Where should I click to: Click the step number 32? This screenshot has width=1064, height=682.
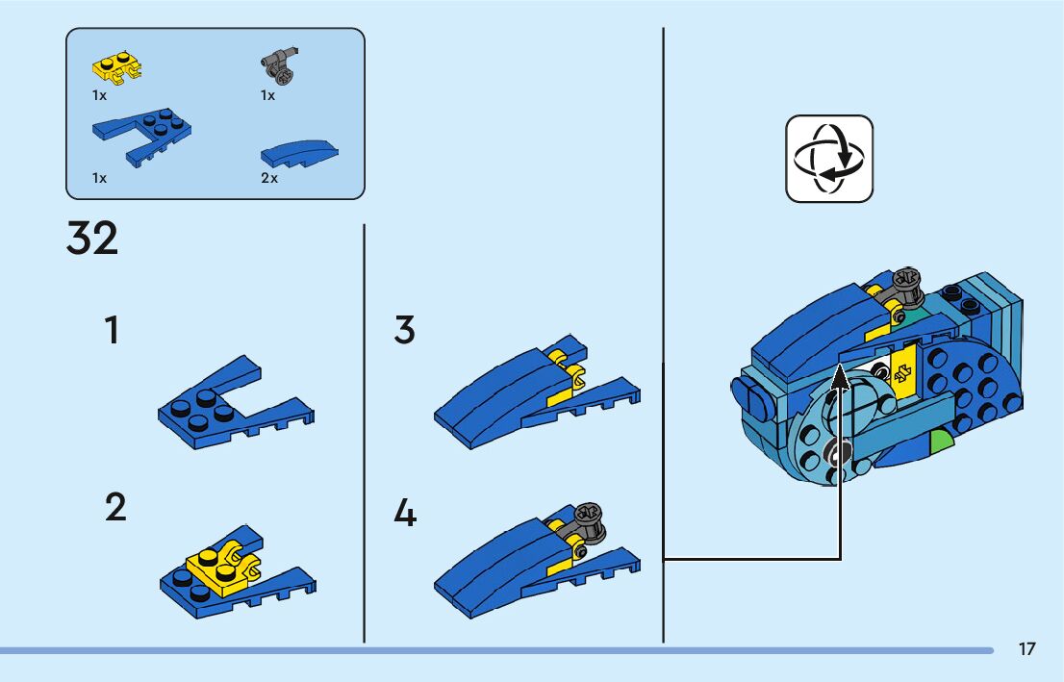92,239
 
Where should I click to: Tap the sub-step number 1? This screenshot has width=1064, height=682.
113,331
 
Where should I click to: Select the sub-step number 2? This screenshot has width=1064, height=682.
115,507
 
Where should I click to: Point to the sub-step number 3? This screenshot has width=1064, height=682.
405,331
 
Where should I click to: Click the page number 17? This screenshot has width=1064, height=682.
1027,649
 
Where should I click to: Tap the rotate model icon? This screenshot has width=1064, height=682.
829,159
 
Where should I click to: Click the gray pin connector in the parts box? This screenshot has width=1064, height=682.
279,65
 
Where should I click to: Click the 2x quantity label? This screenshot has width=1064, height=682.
268,179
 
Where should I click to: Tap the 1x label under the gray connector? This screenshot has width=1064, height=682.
267,95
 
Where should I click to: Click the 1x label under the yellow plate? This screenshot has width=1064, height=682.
99,95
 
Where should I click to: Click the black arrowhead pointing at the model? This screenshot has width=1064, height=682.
840,382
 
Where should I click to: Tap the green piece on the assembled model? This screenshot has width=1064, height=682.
940,442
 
